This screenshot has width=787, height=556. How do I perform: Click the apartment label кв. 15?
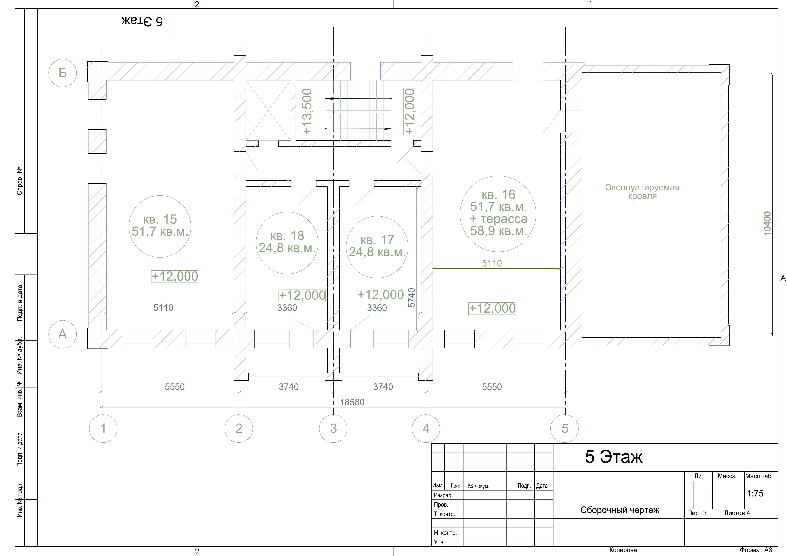click(160, 219)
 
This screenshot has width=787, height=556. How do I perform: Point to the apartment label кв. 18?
click(287, 236)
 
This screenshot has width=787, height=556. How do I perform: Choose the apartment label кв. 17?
click(377, 240)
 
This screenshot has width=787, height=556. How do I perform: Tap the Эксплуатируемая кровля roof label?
click(642, 192)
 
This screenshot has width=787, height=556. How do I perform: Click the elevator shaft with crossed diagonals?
click(268, 110)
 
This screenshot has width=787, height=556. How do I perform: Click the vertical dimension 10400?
click(767, 223)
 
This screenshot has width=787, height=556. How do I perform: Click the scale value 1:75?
click(755, 493)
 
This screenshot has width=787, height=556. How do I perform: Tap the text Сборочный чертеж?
click(620, 510)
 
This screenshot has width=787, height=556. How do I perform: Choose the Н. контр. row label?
click(445, 533)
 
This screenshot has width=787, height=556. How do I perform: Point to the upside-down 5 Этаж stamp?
click(142, 21)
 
